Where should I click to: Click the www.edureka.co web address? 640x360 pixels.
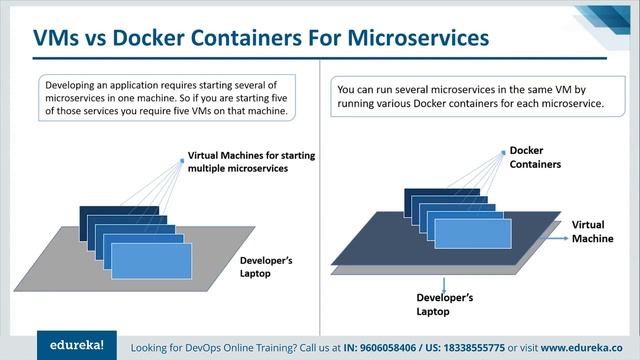pyautogui.click(x=603, y=346)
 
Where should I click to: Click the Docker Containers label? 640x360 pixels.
pyautogui.click(x=535, y=157)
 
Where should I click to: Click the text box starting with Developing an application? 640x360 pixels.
pyautogui.click(x=167, y=98)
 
